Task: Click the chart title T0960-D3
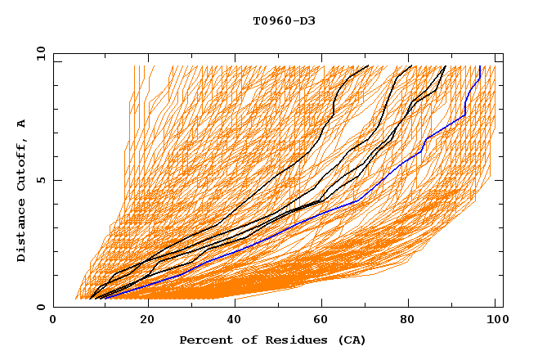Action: pyautogui.click(x=284, y=21)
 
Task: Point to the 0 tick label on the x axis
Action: pyautogui.click(x=53, y=321)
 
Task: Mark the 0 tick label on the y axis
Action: pyautogui.click(x=40, y=307)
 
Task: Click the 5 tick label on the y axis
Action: pyautogui.click(x=40, y=180)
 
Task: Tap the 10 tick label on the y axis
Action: pyautogui.click(x=37, y=53)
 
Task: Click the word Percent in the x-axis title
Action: pyautogui.click(x=203, y=340)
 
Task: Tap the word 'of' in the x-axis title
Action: pyautogui.click(x=243, y=340)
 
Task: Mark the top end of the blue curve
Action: pyautogui.click(x=479, y=66)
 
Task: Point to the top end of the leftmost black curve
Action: pyautogui.click(x=368, y=65)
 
